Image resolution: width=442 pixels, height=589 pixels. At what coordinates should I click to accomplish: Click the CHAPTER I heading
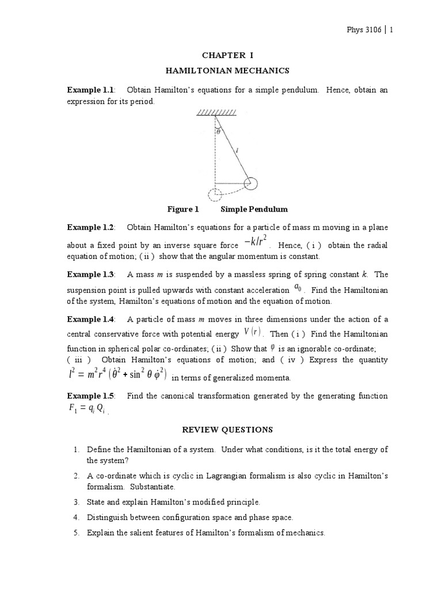(227, 55)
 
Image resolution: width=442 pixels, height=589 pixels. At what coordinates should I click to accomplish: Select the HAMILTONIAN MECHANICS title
(227, 70)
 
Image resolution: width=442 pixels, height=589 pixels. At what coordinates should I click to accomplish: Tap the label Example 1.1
(91, 90)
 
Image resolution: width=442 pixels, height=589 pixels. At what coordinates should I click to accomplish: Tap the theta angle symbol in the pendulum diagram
(218, 132)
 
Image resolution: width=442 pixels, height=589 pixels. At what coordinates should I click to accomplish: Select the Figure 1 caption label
(182, 209)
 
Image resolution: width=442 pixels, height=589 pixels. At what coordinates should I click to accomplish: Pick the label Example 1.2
(91, 227)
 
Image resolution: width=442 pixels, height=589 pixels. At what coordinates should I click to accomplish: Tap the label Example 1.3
(91, 274)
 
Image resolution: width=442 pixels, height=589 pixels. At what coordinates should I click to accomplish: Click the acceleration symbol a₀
(298, 287)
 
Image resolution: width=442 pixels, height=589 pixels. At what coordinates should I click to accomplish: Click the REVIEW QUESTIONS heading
(227, 430)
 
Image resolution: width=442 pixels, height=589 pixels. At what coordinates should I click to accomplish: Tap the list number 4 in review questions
(76, 518)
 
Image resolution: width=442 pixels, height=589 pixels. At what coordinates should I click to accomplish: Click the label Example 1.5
(91, 396)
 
